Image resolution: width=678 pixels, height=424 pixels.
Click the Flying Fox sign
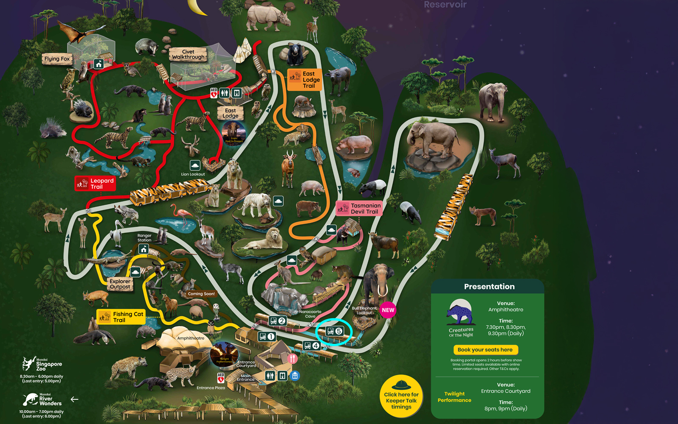57,59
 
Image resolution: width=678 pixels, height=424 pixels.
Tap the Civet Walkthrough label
188,54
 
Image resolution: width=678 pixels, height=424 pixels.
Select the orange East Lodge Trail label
305,80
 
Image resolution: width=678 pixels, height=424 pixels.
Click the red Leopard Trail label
95,184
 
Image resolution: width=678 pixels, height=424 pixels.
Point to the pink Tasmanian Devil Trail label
359,208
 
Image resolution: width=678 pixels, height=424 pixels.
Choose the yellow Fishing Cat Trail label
122,317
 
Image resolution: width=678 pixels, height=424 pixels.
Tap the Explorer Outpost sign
120,284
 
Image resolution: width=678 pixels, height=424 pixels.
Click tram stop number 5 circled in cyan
334,331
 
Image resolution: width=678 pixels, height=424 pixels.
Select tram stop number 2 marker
278,321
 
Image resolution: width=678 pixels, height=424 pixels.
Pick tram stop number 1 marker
267,337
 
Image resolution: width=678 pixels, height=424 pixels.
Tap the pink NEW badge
388,310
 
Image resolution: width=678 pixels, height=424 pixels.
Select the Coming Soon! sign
201,293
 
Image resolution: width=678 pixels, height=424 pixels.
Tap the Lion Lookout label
193,174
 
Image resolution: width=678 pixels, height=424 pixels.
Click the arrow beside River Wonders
75,399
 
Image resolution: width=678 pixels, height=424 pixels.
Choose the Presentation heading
489,287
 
